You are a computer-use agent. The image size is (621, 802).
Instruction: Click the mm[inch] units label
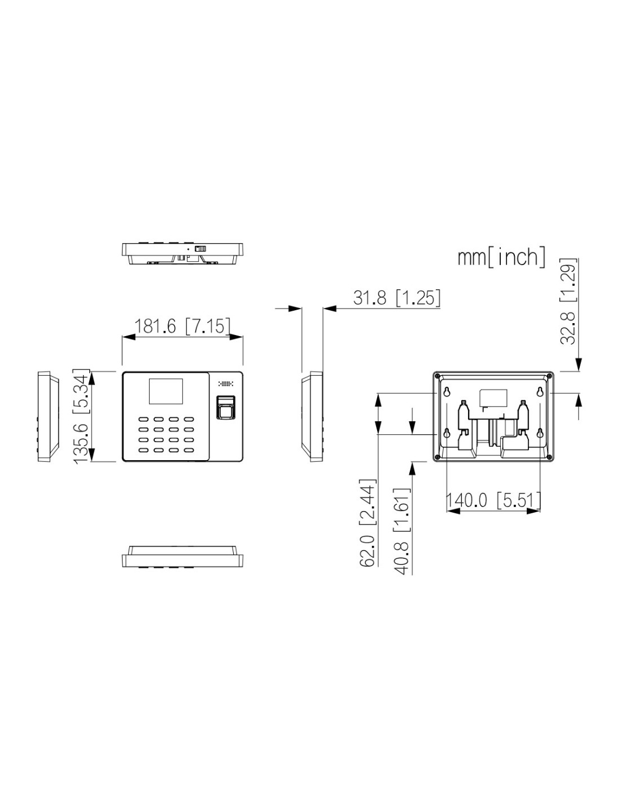[501, 257]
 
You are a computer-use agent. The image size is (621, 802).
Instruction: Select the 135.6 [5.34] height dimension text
[81, 416]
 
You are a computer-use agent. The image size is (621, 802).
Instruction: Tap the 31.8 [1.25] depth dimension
[396, 297]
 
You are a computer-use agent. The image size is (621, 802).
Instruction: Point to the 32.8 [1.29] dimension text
[567, 302]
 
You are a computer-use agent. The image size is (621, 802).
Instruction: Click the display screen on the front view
[166, 391]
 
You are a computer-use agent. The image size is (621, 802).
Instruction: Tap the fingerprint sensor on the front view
[225, 407]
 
